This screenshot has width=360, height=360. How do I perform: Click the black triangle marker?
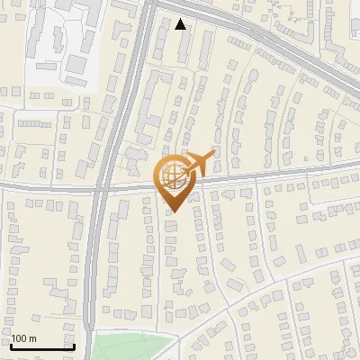pos(182,24)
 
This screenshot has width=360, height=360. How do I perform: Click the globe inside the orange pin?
pos(175,176)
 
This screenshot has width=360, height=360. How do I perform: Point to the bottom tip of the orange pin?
pos(175,212)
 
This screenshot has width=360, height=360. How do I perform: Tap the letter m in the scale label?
pos(32,338)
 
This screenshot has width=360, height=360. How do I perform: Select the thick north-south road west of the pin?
pos(94,261)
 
